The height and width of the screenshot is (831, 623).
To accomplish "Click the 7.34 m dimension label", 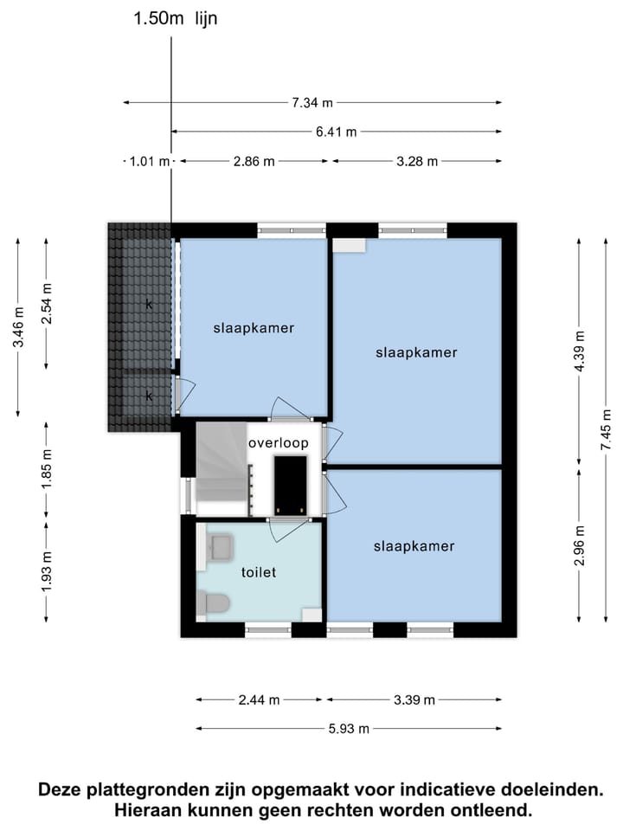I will coord(312,103).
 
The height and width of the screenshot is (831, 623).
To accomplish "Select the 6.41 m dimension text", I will coord(337,132).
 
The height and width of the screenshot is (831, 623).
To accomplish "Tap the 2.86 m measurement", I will coord(254,161).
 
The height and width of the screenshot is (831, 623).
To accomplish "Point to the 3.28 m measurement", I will coord(417,161).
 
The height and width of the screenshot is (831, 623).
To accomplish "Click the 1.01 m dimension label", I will coord(149,161).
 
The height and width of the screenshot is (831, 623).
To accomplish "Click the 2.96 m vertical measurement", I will coord(579,545).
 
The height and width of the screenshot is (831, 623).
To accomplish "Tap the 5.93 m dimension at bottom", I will coord(349,729).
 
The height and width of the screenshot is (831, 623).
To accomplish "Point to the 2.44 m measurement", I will coord(259,700).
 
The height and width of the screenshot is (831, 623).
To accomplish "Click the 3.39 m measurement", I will coord(414,700).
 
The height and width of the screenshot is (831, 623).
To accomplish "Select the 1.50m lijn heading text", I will coord(175,20).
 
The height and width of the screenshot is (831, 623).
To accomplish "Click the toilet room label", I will coord(258,572).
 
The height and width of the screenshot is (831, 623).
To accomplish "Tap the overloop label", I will coord(278,443).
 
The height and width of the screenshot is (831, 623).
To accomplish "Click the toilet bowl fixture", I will coord(213,602).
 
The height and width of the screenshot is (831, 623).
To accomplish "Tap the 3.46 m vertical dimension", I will coord(18,328).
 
